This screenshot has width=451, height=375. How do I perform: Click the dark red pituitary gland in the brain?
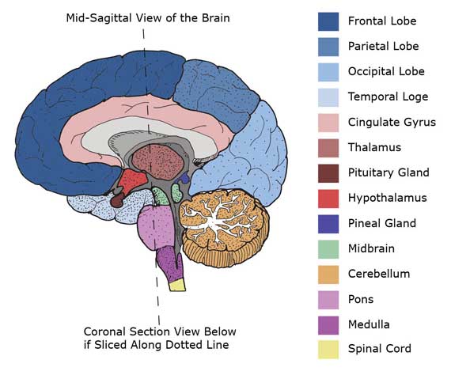tap(117, 200)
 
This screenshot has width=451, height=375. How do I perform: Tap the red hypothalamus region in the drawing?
tap(132, 180)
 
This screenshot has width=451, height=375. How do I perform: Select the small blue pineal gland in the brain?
tap(184, 179)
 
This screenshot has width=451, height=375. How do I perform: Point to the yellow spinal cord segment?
tap(177, 285)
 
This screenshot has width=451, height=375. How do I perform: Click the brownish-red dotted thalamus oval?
tap(157, 162)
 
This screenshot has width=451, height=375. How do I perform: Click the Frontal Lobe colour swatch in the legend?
tap(328, 21)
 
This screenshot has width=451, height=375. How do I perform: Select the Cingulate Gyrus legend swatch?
tap(328, 123)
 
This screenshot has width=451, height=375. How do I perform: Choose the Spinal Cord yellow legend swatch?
tap(328, 350)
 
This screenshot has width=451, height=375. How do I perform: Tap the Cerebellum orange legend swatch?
tap(328, 275)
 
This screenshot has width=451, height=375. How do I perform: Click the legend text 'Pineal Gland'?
tap(382, 223)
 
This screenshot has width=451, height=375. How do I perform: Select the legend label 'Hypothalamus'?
tap(388, 198)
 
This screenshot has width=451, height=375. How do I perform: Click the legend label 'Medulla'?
tap(369, 324)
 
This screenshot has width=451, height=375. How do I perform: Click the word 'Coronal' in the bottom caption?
tap(104, 331)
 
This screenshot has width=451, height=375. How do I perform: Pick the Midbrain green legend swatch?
tap(328, 249)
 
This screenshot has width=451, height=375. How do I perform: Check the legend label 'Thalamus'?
tap(374, 147)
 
